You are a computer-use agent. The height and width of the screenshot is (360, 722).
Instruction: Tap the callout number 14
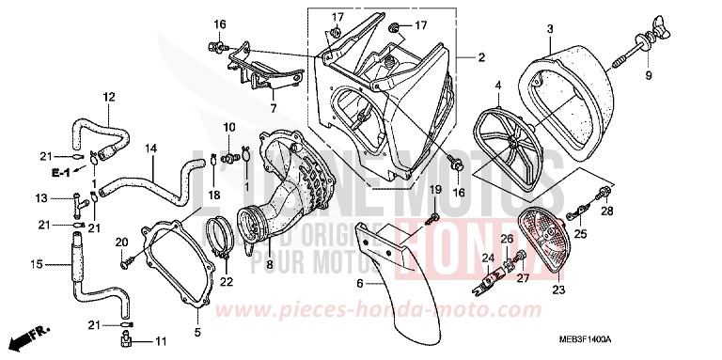pyautogui.click(x=150, y=149)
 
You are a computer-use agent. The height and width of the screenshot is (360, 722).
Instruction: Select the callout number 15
pyautogui.click(x=35, y=265)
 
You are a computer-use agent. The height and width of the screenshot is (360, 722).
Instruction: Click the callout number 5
pyautogui.click(x=196, y=331)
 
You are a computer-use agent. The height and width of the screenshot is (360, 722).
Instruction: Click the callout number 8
pyautogui.click(x=272, y=95)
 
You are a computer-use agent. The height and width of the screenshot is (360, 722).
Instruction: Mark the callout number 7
pyautogui.click(x=272, y=95)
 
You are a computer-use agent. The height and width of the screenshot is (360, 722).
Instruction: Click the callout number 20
pyautogui.click(x=121, y=243)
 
